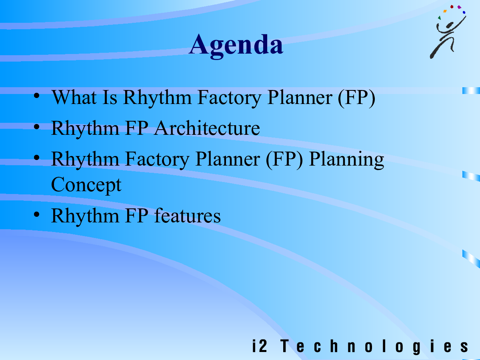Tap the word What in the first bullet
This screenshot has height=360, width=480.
click(x=74, y=97)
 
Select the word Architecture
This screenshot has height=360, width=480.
click(x=207, y=128)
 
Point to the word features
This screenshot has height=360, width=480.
click(x=188, y=216)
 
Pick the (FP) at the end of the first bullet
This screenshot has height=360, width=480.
click(x=356, y=98)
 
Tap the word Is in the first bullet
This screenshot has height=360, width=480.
click(x=110, y=97)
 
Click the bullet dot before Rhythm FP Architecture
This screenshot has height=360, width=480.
click(x=37, y=127)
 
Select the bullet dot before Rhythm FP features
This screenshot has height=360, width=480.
click(x=37, y=214)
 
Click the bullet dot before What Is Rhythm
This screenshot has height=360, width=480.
click(x=37, y=96)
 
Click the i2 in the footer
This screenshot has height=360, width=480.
click(x=260, y=346)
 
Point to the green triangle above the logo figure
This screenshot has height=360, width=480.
click(x=439, y=18)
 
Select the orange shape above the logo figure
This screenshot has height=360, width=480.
click(x=445, y=11)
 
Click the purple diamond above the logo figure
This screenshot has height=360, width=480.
click(x=459, y=7)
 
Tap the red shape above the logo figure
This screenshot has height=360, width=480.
click(x=452, y=6)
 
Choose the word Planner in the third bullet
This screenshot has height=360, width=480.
click(x=228, y=159)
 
